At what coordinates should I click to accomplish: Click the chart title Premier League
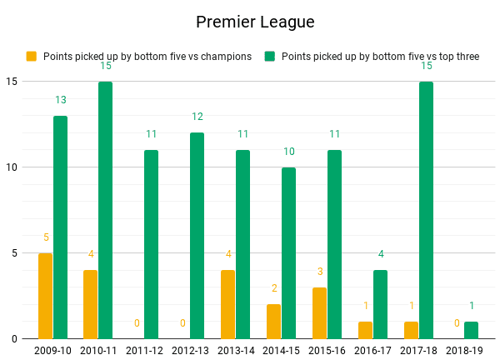click(x=255, y=22)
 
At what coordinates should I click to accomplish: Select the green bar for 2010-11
click(x=105, y=210)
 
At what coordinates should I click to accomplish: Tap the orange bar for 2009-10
click(x=45, y=296)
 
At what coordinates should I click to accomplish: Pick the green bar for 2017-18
click(x=426, y=210)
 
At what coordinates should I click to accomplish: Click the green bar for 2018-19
click(x=472, y=330)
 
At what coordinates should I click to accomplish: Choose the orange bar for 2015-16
click(x=319, y=312)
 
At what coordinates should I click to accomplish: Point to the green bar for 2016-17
click(x=380, y=304)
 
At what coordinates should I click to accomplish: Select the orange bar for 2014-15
click(x=273, y=322)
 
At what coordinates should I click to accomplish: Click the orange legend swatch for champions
click(x=32, y=57)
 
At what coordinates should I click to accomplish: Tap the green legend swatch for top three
click(x=270, y=57)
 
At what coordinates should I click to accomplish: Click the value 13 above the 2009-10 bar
click(x=60, y=100)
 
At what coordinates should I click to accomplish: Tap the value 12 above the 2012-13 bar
click(x=197, y=117)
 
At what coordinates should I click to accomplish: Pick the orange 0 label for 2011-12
click(x=137, y=323)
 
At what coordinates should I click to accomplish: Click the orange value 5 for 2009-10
click(x=45, y=237)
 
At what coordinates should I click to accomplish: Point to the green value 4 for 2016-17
click(x=380, y=254)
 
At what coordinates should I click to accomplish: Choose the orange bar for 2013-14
click(x=227, y=304)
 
